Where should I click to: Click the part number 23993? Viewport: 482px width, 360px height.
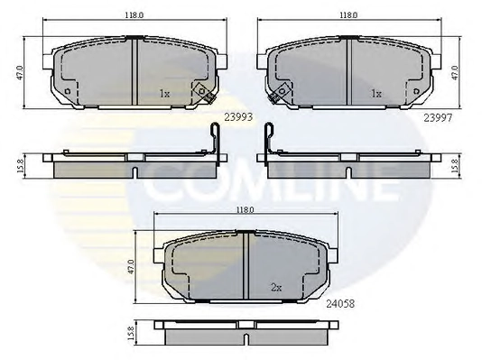[238, 117]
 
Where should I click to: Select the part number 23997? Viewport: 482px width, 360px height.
[438, 117]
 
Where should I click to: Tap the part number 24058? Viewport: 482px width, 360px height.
[340, 304]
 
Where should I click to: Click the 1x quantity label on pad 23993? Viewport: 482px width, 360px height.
[164, 93]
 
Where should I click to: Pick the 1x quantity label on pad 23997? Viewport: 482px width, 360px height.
[376, 93]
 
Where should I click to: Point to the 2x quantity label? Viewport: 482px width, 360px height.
[276, 288]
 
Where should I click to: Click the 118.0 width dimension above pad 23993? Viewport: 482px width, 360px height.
[134, 15]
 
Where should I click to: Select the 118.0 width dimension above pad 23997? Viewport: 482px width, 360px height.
[348, 15]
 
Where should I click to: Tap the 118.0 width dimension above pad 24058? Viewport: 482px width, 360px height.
[245, 210]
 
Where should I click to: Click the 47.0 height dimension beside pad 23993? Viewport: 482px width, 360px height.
[20, 73]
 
